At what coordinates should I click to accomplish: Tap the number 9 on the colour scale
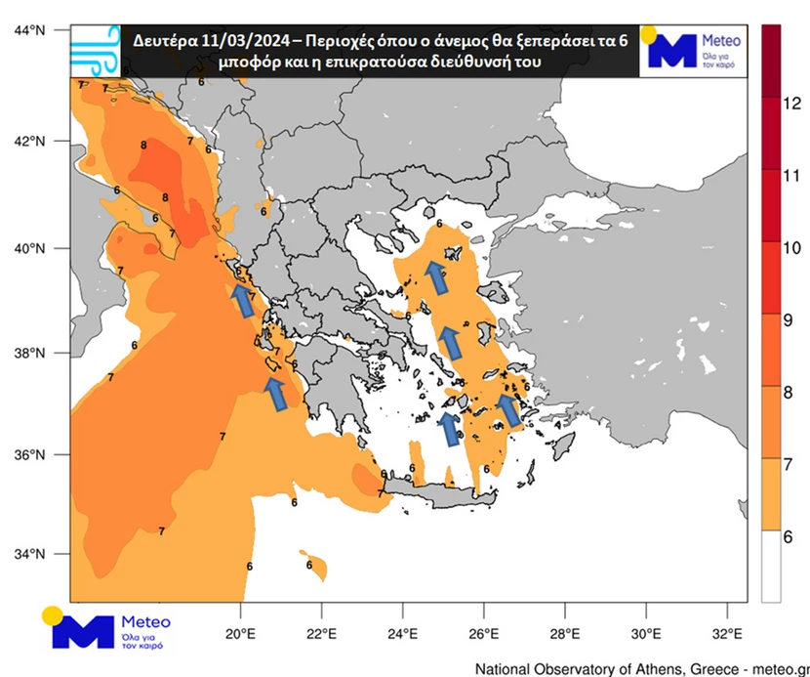(x=792, y=318)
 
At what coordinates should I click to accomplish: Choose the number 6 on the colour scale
(x=792, y=536)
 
